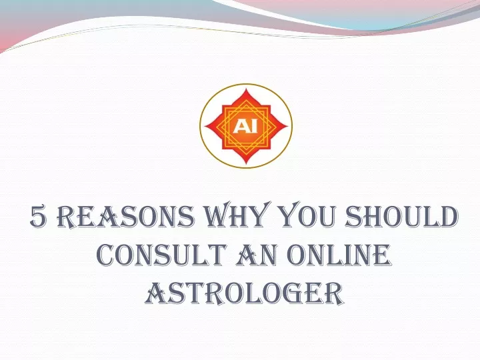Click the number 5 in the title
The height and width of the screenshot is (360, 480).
[38, 217]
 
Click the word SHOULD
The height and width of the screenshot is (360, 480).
[402, 216]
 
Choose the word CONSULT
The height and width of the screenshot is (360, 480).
[163, 255]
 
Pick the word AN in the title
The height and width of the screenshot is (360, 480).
[258, 255]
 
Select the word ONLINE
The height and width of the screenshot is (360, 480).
[339, 255]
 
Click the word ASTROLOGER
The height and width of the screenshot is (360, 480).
[244, 293]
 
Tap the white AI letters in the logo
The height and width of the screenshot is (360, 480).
[245, 126]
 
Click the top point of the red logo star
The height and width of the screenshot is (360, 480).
[246, 89]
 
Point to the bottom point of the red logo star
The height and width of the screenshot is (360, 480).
[247, 164]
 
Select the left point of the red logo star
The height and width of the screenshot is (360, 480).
[205, 126]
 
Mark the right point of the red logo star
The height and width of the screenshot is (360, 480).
[288, 126]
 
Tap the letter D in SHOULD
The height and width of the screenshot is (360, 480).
[447, 217]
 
